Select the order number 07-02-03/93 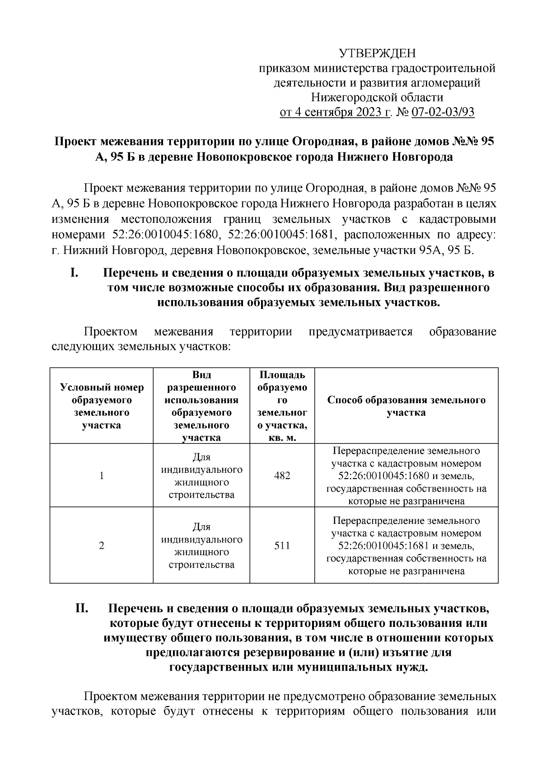(443, 112)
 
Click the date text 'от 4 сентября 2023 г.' (335, 112)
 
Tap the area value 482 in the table (282, 475)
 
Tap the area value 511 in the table (282, 546)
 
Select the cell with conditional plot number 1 (102, 475)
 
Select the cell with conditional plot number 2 (102, 546)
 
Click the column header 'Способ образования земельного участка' (406, 406)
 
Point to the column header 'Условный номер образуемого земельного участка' (102, 406)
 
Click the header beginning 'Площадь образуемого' (282, 406)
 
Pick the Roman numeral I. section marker (75, 273)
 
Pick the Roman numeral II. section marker (84, 609)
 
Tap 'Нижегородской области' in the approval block (377, 98)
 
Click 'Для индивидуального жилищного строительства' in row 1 (201, 476)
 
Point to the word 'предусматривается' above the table (360, 332)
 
